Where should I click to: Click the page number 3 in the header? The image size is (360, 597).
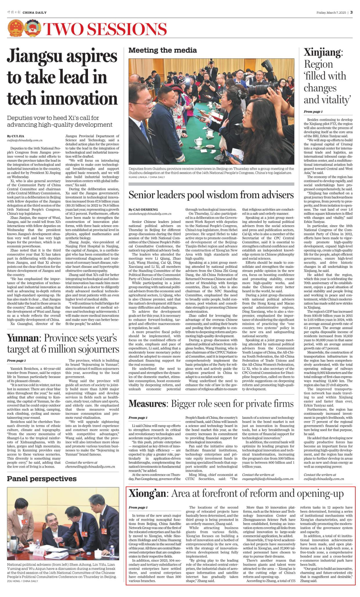tap(351, 12)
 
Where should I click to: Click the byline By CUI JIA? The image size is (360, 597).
tap(16, 136)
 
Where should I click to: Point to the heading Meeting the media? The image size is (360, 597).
tap(163, 50)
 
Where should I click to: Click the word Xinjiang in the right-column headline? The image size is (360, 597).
tap(322, 52)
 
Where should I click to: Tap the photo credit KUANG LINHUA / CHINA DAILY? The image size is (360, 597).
tap(147, 177)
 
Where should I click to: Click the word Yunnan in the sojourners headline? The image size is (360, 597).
tap(23, 338)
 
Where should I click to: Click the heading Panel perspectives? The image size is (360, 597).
tap(42, 479)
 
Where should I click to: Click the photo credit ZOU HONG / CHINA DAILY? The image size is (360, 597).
tap(23, 581)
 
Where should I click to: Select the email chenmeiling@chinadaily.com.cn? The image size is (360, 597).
tap(90, 466)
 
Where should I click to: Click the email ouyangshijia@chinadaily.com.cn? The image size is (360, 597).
tap(268, 479)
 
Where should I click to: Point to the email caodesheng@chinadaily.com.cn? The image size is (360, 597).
tap(150, 214)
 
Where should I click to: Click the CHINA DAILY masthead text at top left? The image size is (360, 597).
tap(34, 13)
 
